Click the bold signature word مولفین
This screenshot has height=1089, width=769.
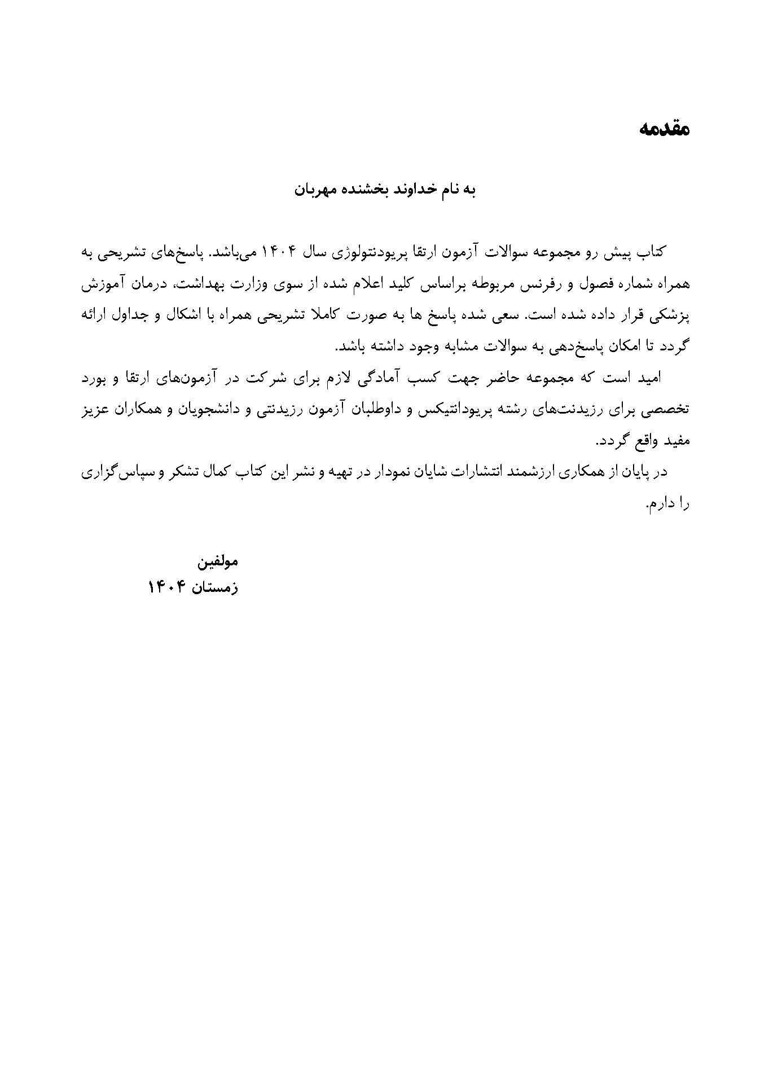[217, 562]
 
